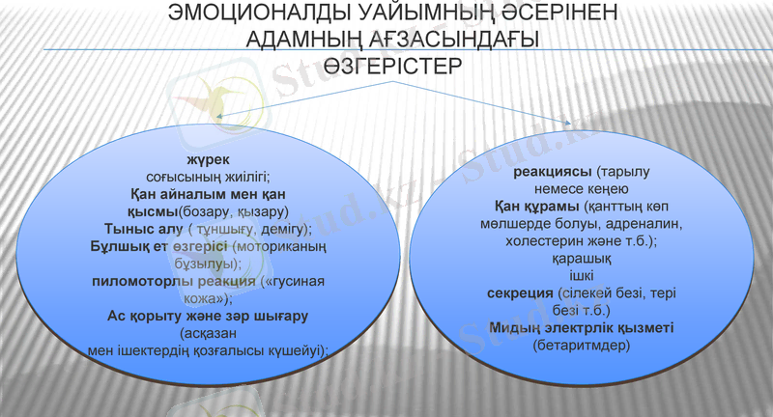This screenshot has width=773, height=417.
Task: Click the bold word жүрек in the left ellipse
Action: click(206, 158)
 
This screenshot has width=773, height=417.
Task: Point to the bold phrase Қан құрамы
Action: click(527, 207)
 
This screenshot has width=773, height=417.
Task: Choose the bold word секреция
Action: click(519, 293)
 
